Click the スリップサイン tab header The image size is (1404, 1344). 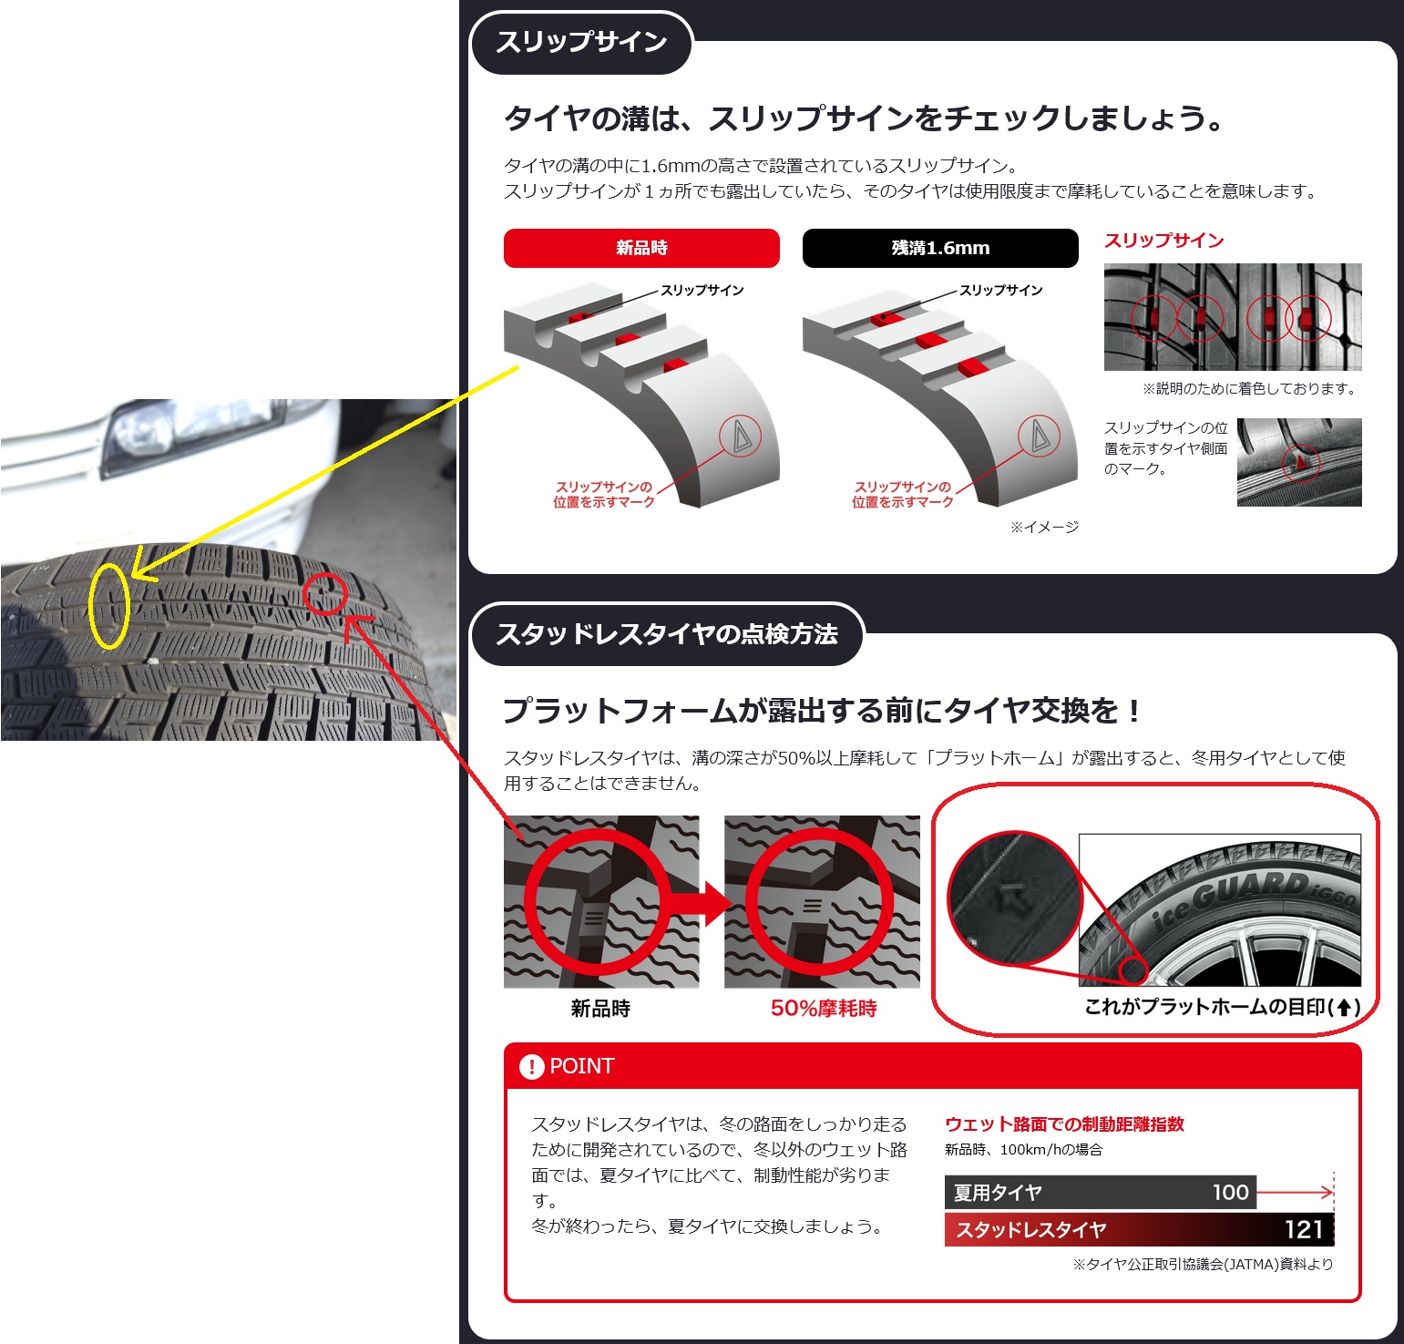(581, 43)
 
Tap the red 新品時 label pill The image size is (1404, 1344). (641, 248)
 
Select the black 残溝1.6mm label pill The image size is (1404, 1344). (940, 248)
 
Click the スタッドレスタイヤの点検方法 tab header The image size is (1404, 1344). (667, 634)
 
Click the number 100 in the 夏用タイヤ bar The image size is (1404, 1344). (1230, 1192)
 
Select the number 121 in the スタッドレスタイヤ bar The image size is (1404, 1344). (1303, 1229)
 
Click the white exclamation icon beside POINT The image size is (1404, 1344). (531, 1066)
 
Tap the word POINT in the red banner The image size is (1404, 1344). (582, 1066)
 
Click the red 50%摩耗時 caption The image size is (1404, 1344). (824, 1009)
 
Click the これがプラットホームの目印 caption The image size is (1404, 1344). (1222, 1007)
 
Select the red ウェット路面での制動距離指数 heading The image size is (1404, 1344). (1064, 1124)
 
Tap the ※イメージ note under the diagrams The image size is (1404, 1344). (1044, 527)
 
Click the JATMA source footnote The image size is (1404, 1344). (1203, 1264)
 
